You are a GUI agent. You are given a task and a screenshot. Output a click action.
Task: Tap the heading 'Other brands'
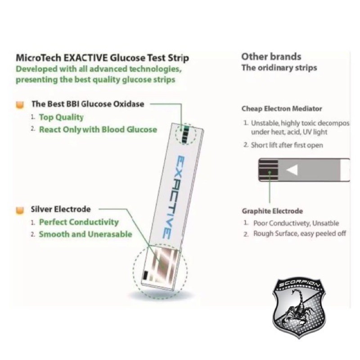click(x=271, y=57)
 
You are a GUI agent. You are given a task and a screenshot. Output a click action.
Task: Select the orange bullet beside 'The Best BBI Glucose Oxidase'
click(x=20, y=105)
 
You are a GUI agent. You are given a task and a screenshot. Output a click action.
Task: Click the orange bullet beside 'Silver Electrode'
click(x=20, y=210)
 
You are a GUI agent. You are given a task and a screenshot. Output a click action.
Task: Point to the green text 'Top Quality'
click(x=61, y=117)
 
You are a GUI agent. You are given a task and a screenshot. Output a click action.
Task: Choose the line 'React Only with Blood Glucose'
click(x=98, y=130)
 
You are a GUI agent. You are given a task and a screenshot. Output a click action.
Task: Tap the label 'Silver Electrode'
click(x=61, y=209)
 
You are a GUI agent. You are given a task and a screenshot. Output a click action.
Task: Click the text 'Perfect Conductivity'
click(x=79, y=222)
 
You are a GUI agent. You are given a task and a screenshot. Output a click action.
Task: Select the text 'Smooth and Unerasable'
click(x=85, y=234)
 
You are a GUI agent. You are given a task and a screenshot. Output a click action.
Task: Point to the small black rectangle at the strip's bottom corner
click(x=145, y=275)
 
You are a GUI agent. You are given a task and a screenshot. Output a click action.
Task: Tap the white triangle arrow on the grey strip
click(x=292, y=170)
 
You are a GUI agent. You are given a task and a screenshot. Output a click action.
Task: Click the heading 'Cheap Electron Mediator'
click(x=282, y=108)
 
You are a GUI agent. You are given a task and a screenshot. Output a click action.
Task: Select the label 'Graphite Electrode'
click(x=272, y=211)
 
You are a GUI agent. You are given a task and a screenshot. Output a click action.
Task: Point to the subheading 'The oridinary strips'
click(x=279, y=68)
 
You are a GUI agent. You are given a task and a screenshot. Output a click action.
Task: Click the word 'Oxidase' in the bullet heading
click(x=129, y=104)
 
